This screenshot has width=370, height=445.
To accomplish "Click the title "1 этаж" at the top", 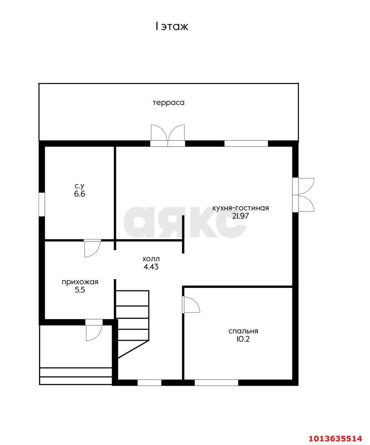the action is pos(172,27).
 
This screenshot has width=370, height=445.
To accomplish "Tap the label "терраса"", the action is pos(168,103).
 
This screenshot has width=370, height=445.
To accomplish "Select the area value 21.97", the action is pos(241,216).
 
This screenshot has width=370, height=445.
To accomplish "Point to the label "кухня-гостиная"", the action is pos(241,208).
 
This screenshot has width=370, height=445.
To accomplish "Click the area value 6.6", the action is pos(80,194).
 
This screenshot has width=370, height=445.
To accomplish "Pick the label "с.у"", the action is pos(80,186).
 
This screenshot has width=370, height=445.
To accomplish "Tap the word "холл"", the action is pos(151,259).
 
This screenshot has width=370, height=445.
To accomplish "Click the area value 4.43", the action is pos(151,267).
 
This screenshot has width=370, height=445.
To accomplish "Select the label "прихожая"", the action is pos(80,282).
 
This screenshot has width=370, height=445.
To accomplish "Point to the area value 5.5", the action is pos(80,290).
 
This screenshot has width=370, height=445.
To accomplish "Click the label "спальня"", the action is pos(243,331).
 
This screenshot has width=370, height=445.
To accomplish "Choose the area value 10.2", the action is pos(243,339).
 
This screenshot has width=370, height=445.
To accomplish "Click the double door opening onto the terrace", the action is pos(168,135).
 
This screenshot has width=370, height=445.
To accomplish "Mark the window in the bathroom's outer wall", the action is pos(42,204).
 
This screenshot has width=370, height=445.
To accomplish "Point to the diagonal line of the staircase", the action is pos(133,349).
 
